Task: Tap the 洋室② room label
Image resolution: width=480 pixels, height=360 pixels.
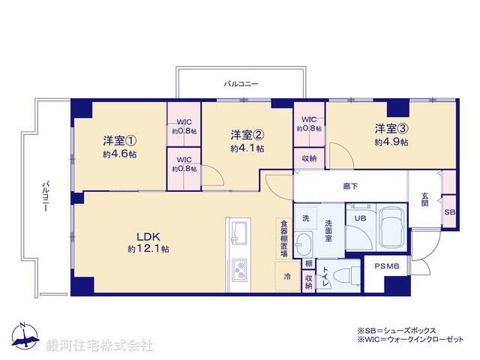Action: [x=247, y=135]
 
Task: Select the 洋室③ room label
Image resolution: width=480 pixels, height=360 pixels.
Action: [x=391, y=127]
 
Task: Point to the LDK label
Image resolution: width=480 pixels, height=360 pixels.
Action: [x=148, y=234]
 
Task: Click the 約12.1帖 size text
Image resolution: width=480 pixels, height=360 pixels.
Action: [x=148, y=248]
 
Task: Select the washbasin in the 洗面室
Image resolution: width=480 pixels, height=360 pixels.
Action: [x=304, y=244]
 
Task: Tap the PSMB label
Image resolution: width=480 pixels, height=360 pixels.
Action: [x=387, y=267]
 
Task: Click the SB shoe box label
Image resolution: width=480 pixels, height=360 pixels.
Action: [x=449, y=213]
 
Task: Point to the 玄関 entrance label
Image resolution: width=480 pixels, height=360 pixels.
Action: [x=425, y=198]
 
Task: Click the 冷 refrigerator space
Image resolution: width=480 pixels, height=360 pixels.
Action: [x=287, y=276]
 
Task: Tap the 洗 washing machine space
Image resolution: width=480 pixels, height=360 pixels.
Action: [x=305, y=217]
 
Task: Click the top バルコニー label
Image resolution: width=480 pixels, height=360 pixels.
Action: [x=241, y=84]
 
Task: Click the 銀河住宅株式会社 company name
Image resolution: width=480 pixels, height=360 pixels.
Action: [x=100, y=346]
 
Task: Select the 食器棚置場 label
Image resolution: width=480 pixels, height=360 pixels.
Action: [x=283, y=238]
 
